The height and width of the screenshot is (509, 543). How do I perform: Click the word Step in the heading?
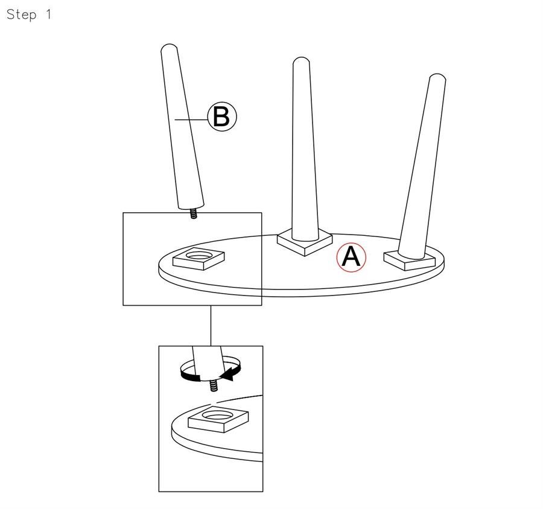(22, 15)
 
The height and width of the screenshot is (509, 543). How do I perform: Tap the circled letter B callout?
(222, 116)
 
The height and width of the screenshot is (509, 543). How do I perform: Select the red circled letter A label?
(351, 258)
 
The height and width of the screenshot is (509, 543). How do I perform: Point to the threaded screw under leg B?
(194, 213)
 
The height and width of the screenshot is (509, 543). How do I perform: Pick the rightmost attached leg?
(422, 166)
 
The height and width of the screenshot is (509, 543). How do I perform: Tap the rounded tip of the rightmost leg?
(438, 77)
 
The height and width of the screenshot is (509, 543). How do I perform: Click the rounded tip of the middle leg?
(301, 60)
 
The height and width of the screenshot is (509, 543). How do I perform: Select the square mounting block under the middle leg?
(305, 242)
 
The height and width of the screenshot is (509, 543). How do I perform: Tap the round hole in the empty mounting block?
(198, 256)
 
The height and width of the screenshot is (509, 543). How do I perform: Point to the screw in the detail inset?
(214, 385)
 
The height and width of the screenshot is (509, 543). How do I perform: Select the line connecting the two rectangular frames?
(211, 326)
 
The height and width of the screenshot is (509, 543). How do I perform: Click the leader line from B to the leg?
(191, 120)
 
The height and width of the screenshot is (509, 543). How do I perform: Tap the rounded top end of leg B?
(170, 48)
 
